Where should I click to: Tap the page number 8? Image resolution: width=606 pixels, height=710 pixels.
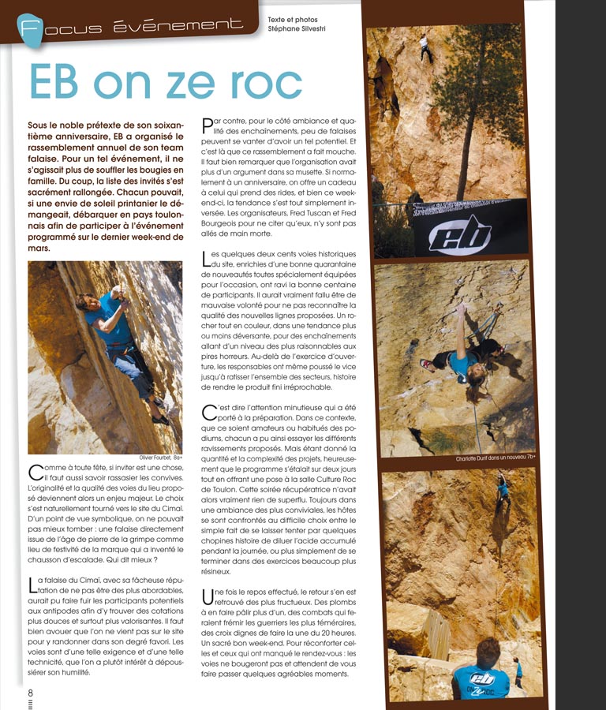point(32,690)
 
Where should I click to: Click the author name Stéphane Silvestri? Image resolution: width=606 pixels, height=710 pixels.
point(296,29)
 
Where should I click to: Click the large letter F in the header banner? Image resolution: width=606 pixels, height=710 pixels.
point(30,29)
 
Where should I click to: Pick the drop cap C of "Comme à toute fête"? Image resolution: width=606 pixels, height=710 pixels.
point(35,473)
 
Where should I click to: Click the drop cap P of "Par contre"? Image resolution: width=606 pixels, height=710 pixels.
point(208,125)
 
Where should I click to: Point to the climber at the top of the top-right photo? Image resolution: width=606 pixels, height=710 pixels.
point(425,47)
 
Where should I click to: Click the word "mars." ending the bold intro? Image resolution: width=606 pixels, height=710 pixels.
point(38,248)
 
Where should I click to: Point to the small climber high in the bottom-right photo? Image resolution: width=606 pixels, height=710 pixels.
point(502,489)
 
